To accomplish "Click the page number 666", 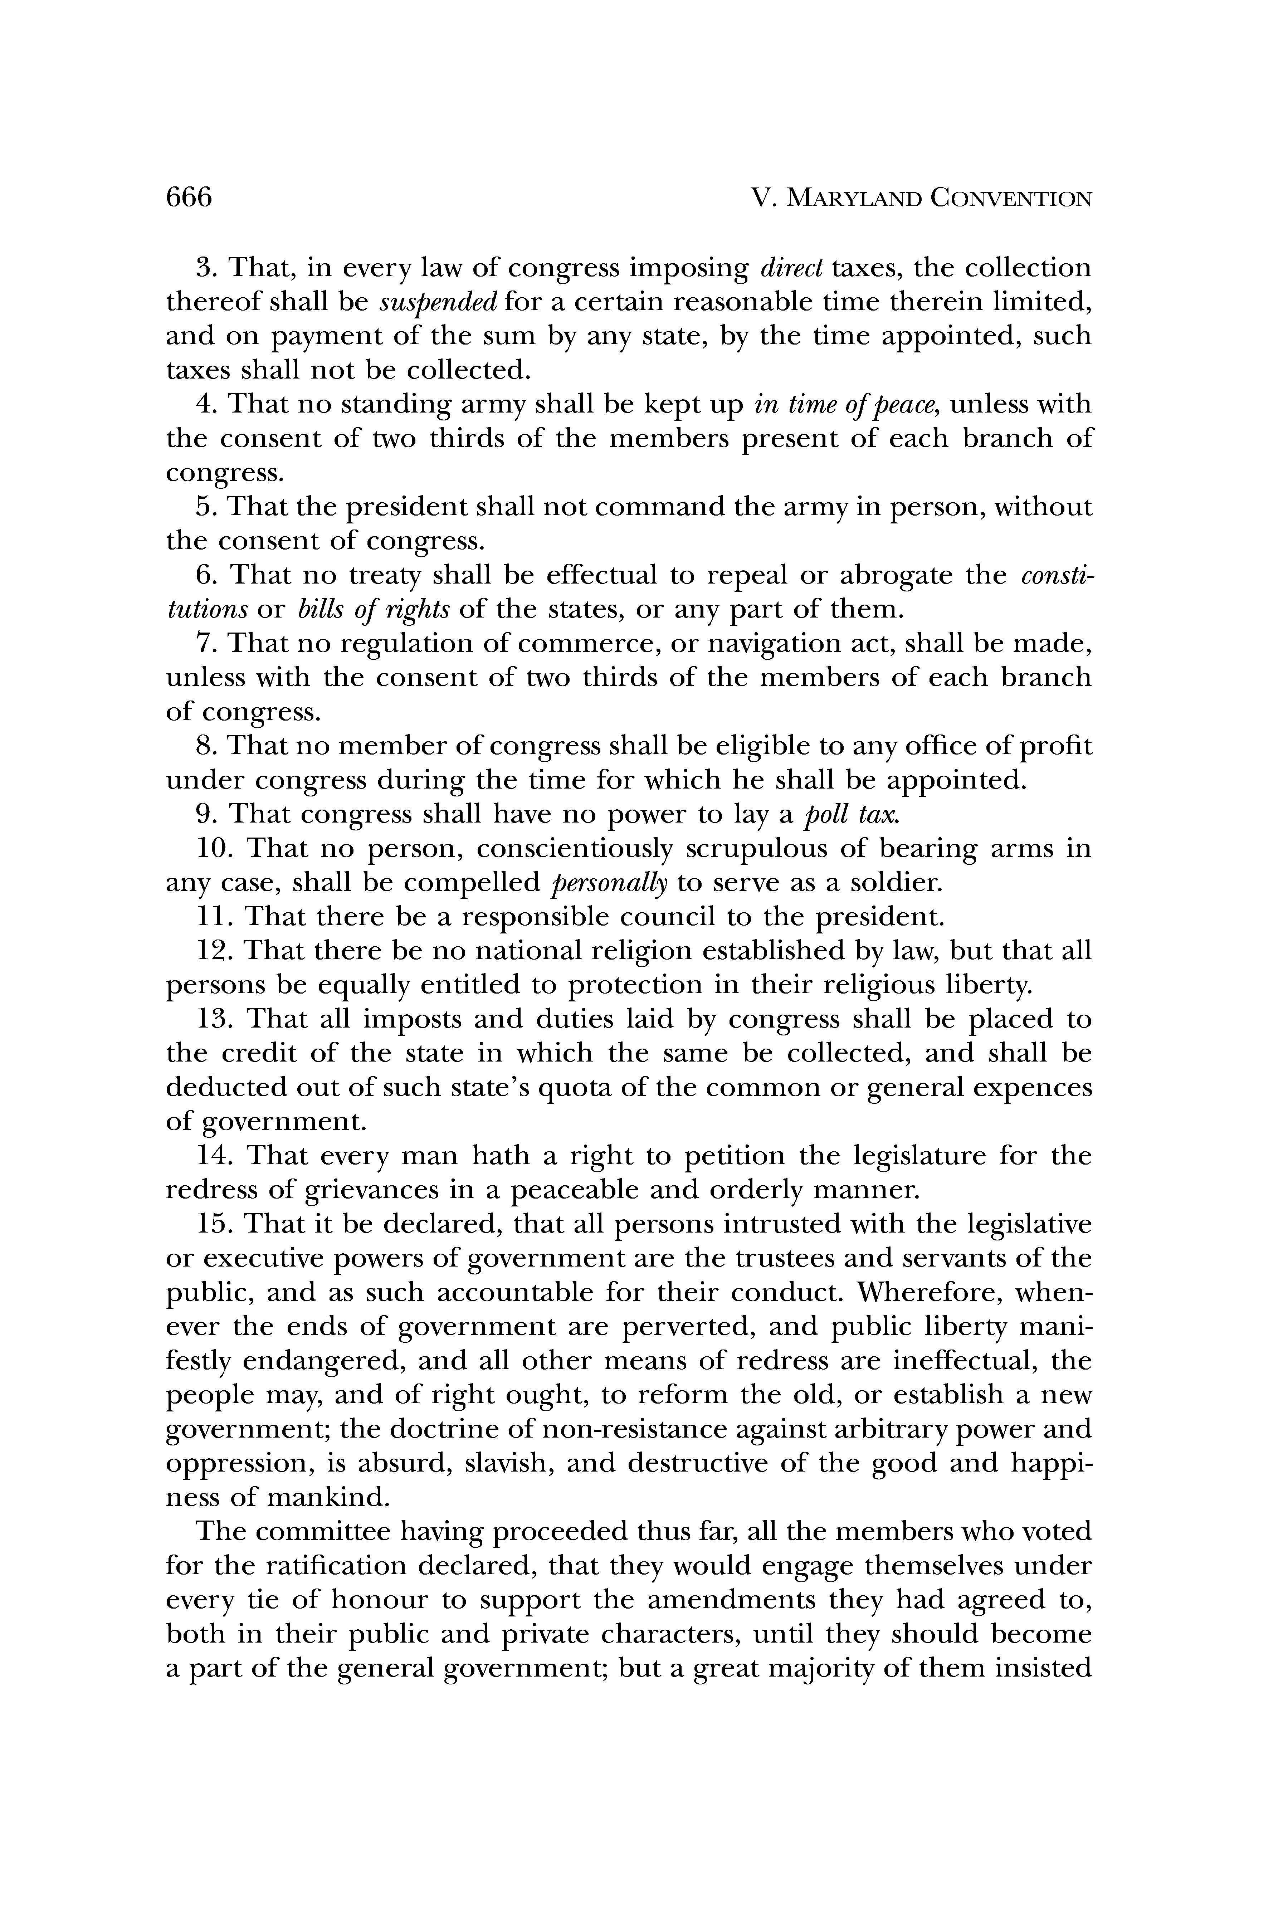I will click(189, 198).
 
